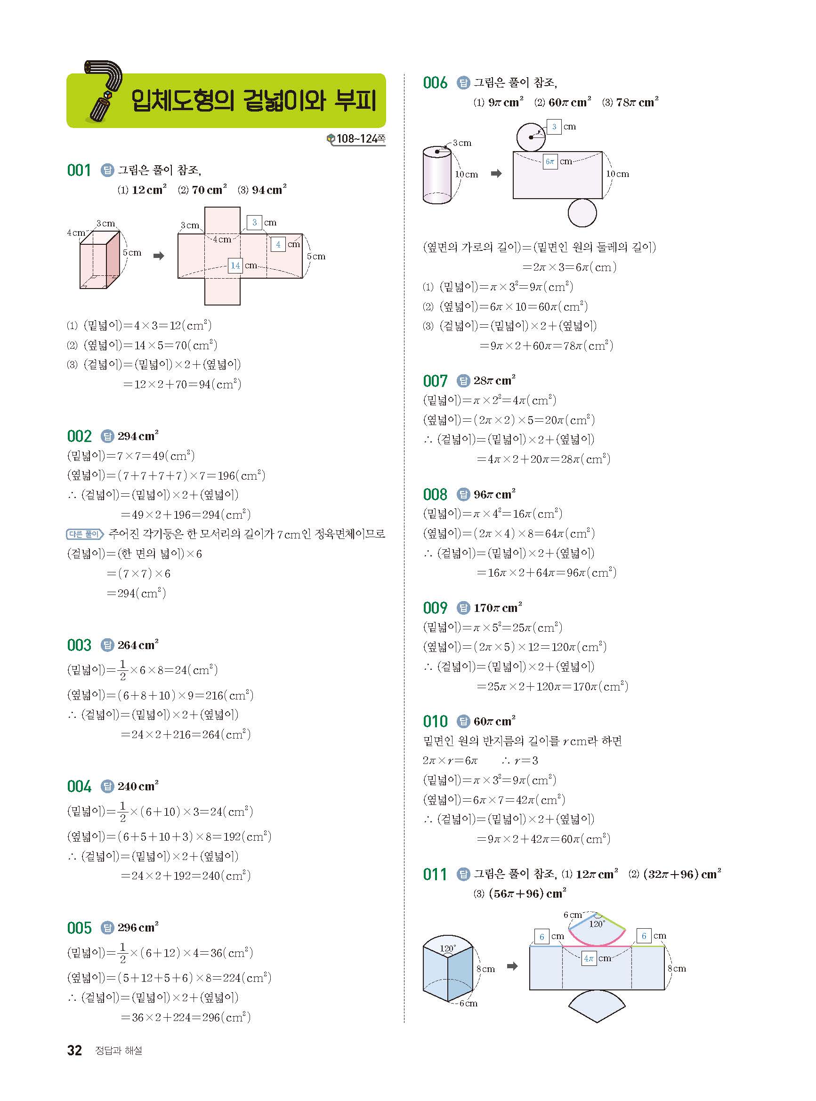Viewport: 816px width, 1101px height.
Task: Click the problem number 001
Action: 79,171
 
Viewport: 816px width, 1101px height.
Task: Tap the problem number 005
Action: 79,928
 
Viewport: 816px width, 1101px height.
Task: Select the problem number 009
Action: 435,608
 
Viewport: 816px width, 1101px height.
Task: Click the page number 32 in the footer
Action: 74,1050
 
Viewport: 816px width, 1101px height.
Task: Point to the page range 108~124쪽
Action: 360,139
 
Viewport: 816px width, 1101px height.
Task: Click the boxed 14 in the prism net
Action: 235,265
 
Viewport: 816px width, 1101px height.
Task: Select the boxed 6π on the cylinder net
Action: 550,161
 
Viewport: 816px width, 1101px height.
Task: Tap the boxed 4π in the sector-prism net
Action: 589,958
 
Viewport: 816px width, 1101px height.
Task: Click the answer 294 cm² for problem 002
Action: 138,436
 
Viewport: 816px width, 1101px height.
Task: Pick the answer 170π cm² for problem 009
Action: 497,608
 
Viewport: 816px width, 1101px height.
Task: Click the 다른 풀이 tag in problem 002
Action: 84,534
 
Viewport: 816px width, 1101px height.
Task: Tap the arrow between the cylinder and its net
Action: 496,173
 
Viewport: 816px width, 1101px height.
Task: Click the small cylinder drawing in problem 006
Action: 437,175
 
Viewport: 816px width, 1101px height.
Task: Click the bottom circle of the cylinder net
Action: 582,213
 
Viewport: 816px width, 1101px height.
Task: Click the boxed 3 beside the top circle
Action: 554,127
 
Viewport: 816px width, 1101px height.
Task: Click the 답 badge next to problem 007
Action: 463,381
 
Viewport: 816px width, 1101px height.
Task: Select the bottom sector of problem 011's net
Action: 597,1006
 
